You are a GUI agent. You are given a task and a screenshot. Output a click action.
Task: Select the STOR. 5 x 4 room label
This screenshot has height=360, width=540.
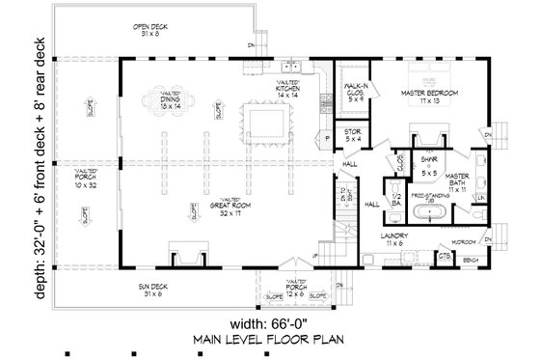tap(352, 136)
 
